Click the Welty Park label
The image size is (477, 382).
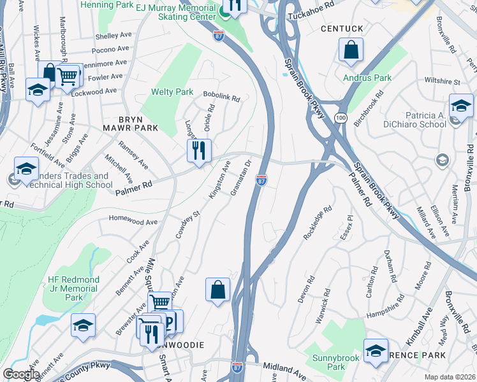(172, 92)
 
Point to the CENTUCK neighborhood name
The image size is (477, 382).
(342, 29)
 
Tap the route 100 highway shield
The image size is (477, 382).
(342, 118)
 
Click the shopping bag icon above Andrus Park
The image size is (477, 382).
(351, 50)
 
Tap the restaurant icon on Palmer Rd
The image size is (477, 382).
(199, 151)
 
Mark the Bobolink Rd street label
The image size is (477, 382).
(221, 98)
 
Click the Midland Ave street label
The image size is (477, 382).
(285, 369)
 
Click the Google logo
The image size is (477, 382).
(21, 374)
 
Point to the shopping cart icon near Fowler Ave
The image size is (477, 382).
(67, 76)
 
